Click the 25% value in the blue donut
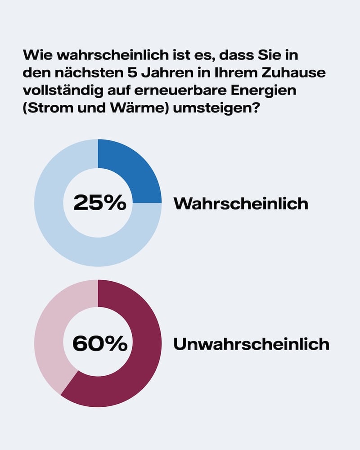(100, 203)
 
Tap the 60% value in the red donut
(100, 344)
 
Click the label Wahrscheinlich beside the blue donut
(241, 203)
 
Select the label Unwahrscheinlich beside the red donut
(251, 344)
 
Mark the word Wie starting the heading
(34, 55)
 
